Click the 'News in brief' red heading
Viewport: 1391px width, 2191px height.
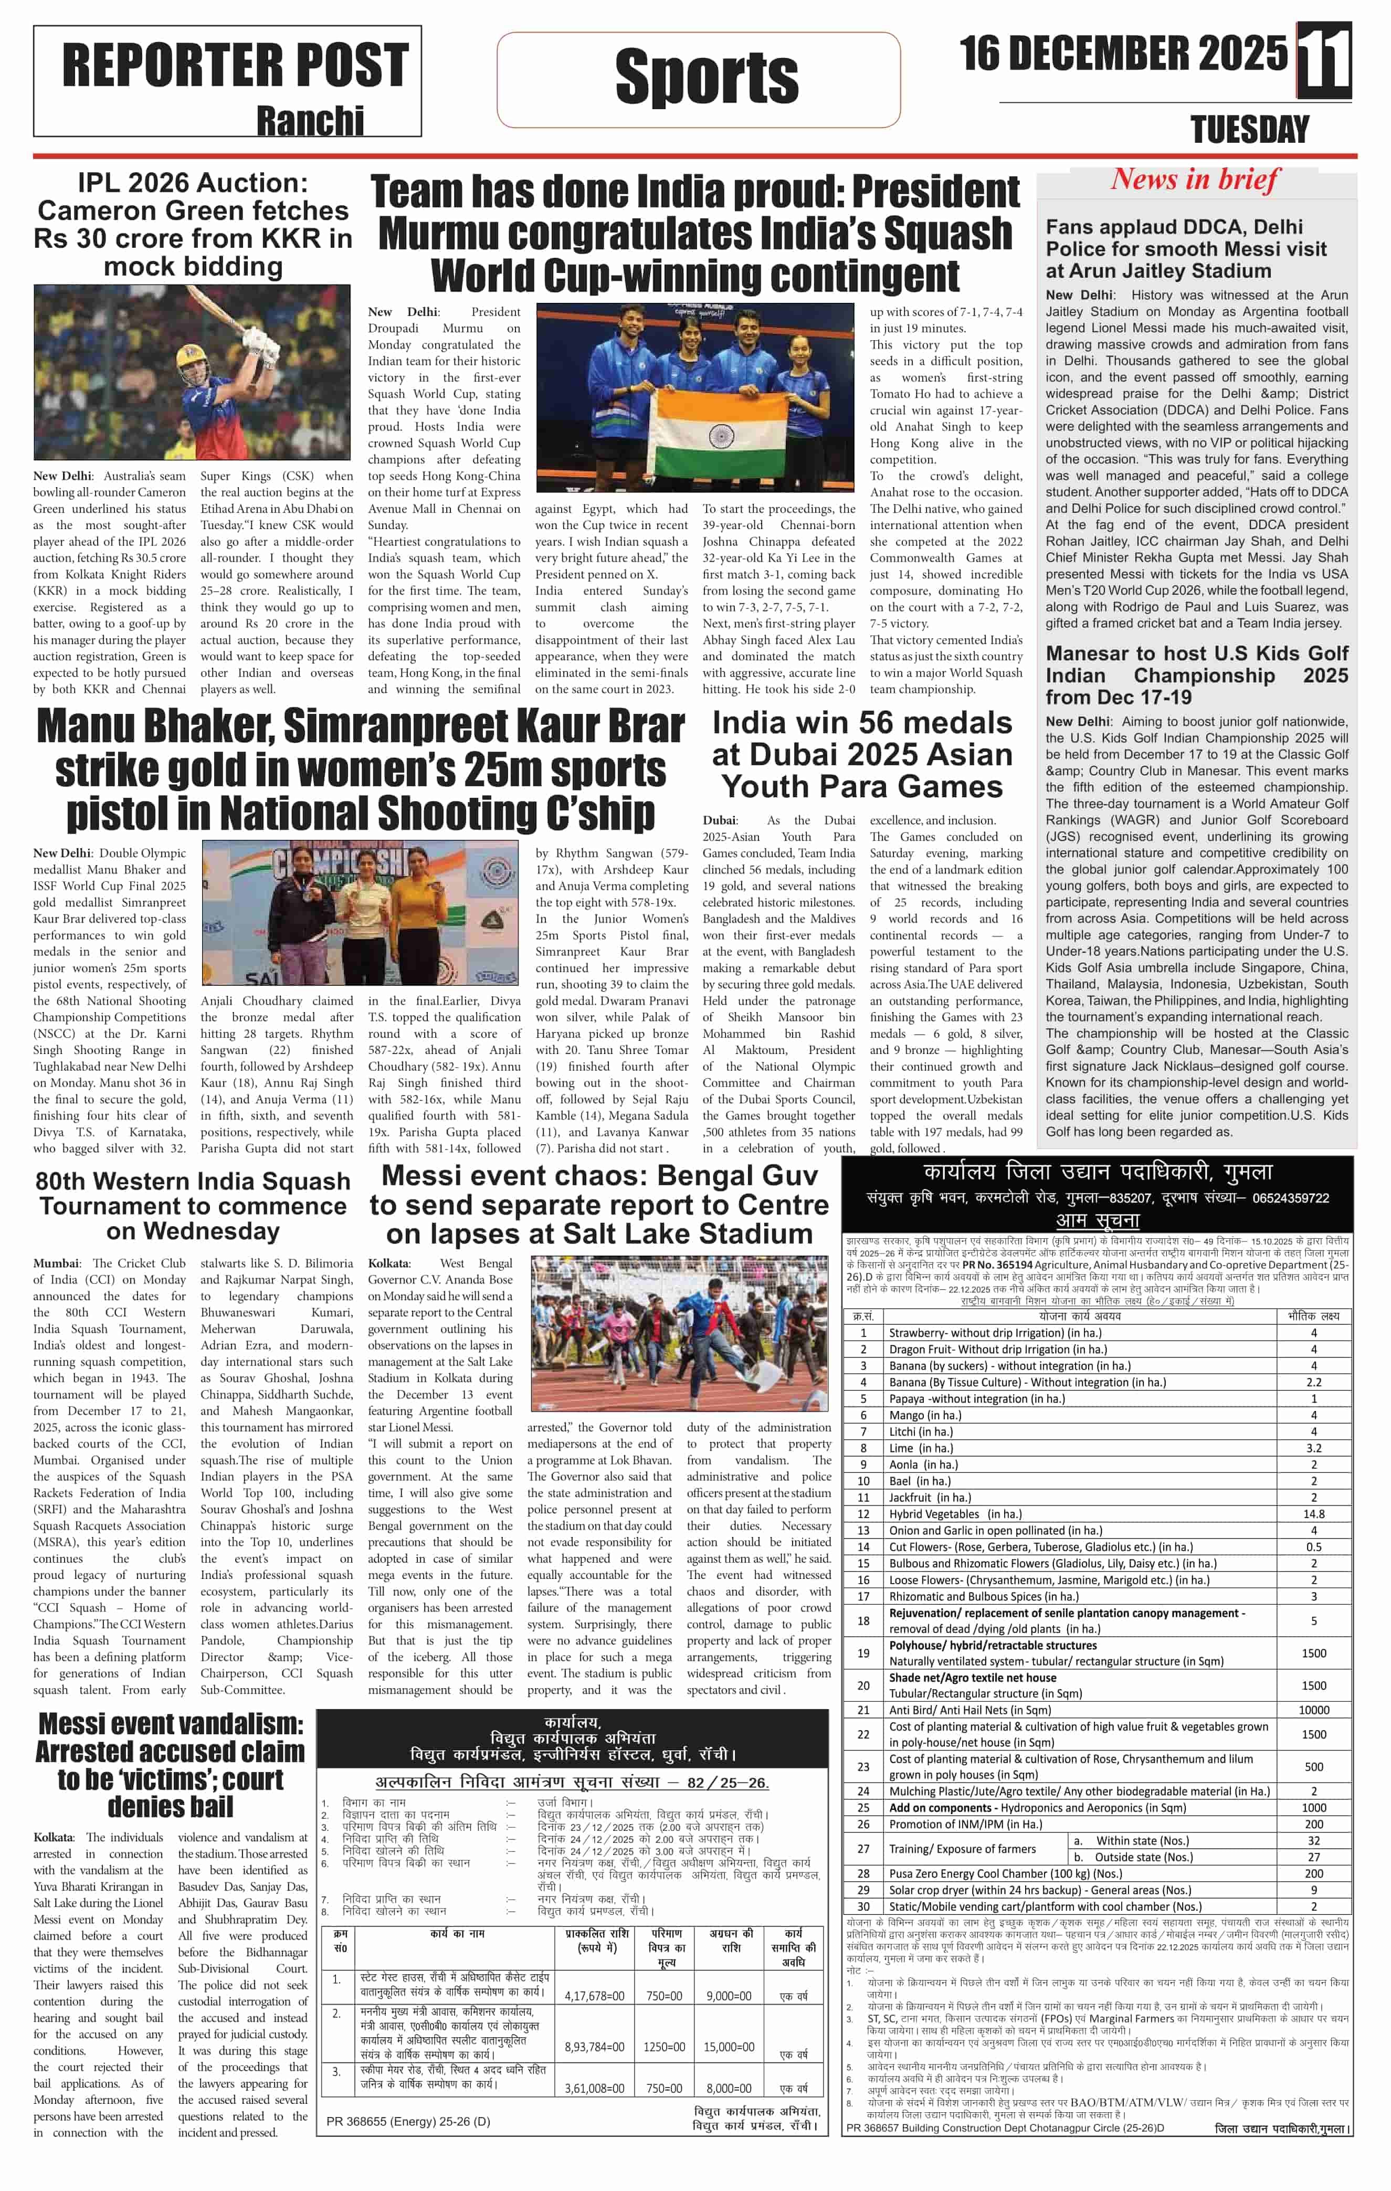[1195, 179]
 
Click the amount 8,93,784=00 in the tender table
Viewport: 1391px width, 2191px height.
[594, 2047]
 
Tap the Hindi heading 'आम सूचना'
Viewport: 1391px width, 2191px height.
[1097, 1220]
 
